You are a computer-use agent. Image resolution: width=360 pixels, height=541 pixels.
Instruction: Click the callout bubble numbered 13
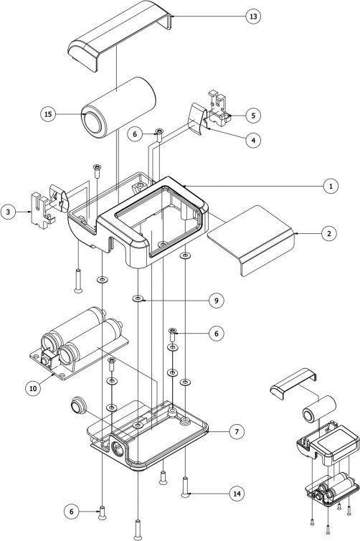click(253, 17)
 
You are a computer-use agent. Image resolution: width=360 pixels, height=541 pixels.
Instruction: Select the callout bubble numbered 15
click(48, 114)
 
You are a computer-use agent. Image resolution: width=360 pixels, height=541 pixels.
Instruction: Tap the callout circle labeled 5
click(253, 116)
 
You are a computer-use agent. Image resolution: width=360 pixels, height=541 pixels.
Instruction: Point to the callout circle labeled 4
click(253, 140)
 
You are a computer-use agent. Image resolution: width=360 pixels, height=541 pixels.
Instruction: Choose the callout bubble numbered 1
click(331, 187)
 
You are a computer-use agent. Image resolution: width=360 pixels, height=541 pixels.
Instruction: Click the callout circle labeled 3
click(9, 212)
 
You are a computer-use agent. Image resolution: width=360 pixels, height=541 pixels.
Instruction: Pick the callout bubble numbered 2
click(329, 234)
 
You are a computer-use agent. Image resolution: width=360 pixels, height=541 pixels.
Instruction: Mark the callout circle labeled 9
click(216, 301)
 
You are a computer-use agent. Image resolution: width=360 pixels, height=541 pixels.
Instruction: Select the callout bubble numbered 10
click(33, 388)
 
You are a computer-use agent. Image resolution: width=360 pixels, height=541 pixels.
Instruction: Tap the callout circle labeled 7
click(237, 431)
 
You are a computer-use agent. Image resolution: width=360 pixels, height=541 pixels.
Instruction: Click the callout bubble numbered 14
click(237, 494)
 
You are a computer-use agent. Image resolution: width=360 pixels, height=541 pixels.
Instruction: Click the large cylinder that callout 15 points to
click(118, 108)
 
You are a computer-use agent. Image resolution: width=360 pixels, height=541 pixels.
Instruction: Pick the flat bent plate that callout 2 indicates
click(251, 241)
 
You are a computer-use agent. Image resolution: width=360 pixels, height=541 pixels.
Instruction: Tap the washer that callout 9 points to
click(138, 298)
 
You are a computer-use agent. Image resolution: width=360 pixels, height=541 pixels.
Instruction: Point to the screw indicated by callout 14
click(186, 487)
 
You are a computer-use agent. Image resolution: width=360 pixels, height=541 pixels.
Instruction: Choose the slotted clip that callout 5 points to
click(219, 108)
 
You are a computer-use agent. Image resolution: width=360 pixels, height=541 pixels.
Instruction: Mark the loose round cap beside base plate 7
click(80, 405)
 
